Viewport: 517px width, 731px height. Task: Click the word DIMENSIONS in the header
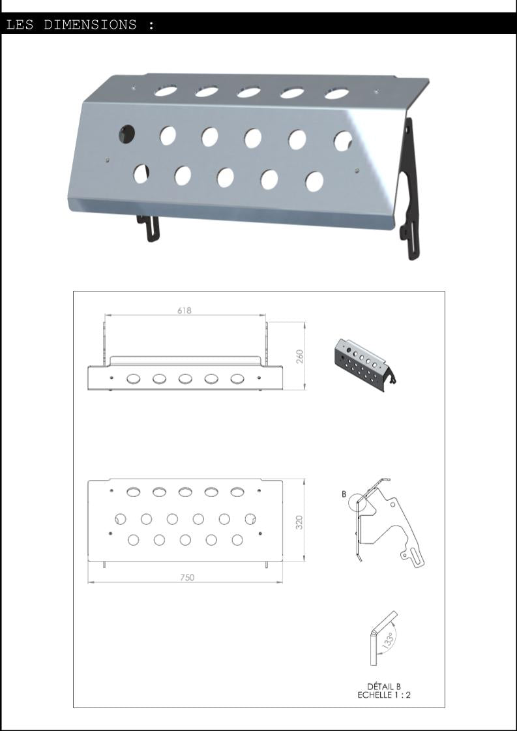(90, 24)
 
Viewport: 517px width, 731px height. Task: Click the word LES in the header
(20, 24)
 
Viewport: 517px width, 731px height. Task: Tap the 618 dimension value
(184, 310)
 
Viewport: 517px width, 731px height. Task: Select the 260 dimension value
(299, 356)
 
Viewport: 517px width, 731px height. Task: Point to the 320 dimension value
(299, 522)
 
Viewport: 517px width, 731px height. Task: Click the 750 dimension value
(187, 577)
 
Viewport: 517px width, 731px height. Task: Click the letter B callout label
(344, 494)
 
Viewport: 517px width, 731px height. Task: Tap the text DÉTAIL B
(383, 686)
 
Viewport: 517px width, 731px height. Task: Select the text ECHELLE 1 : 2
(383, 694)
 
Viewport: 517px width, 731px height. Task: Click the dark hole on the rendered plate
(126, 134)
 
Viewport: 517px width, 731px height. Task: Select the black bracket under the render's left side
(148, 228)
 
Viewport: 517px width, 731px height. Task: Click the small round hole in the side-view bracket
(393, 505)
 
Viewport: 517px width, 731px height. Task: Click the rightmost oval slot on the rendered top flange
(336, 94)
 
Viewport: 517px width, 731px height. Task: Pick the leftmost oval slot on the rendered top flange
(166, 91)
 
